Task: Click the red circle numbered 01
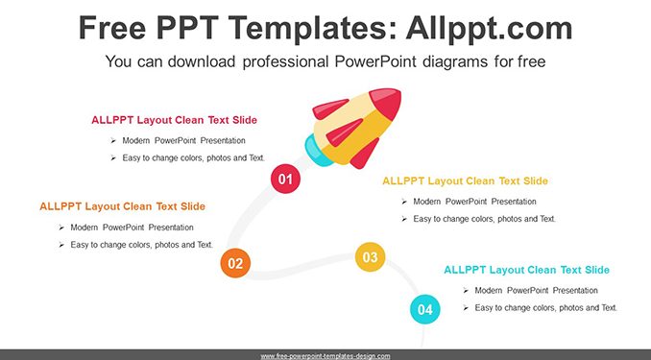(285, 179)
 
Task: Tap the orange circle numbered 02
(235, 263)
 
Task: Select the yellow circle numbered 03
(370, 257)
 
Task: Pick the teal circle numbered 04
(424, 309)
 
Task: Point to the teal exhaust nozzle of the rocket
(317, 151)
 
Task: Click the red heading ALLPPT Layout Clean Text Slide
(175, 120)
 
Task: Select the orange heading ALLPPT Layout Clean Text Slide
(123, 206)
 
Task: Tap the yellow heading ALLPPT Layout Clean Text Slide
(465, 181)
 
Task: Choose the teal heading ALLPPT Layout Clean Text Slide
(526, 270)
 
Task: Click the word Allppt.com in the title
(489, 29)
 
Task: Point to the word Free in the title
(112, 28)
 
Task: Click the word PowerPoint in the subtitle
(375, 61)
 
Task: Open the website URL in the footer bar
(325, 356)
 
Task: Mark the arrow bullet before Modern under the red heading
(113, 141)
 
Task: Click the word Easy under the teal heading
(485, 308)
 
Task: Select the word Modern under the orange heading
(84, 228)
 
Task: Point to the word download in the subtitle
(202, 61)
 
